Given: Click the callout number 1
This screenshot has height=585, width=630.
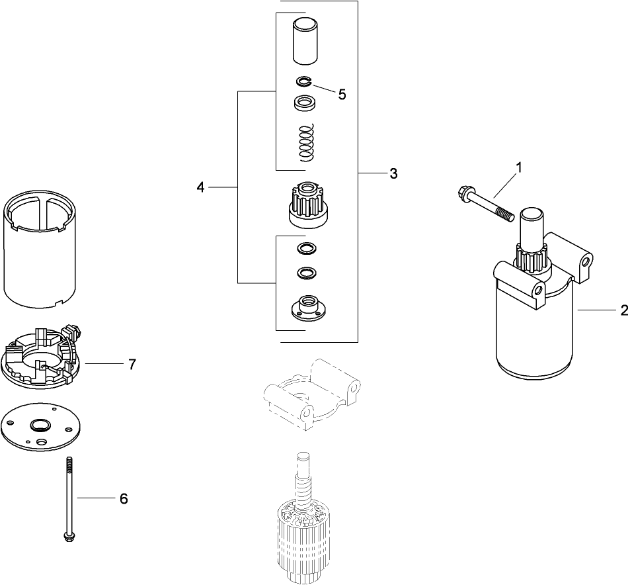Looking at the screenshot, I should tap(518, 168).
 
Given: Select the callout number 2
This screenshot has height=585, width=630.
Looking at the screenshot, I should tap(623, 310).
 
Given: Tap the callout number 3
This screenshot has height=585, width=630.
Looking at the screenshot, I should tap(393, 173).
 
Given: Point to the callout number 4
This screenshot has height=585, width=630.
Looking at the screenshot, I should tap(200, 188).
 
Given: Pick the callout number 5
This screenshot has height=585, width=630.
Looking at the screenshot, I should tap(341, 94).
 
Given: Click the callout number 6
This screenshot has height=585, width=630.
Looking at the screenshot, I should tap(123, 499).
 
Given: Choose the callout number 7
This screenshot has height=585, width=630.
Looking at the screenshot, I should tap(132, 364).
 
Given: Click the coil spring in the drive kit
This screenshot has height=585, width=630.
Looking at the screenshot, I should tap(305, 142).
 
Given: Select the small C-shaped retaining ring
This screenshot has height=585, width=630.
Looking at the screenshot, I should tap(303, 81).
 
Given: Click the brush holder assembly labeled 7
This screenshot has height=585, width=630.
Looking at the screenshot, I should tap(41, 357).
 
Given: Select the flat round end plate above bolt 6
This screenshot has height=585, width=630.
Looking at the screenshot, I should tap(41, 428).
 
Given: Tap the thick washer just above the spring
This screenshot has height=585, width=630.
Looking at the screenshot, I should tap(304, 103).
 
